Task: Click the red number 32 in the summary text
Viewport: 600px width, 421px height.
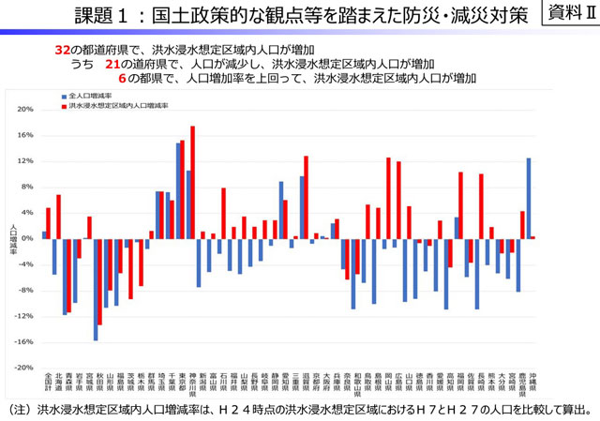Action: [x=63, y=48]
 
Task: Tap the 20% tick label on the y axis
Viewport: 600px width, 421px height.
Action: [x=25, y=109]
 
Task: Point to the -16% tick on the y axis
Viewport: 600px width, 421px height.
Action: [x=23, y=342]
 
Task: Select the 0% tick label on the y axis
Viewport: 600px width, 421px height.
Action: [x=28, y=239]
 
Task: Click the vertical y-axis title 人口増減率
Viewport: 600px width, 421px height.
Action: [x=12, y=239]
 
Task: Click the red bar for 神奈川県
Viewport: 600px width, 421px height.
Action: [x=192, y=183]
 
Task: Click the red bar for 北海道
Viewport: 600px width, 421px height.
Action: [x=58, y=217]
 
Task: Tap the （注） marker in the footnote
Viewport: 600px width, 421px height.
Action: [x=20, y=411]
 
